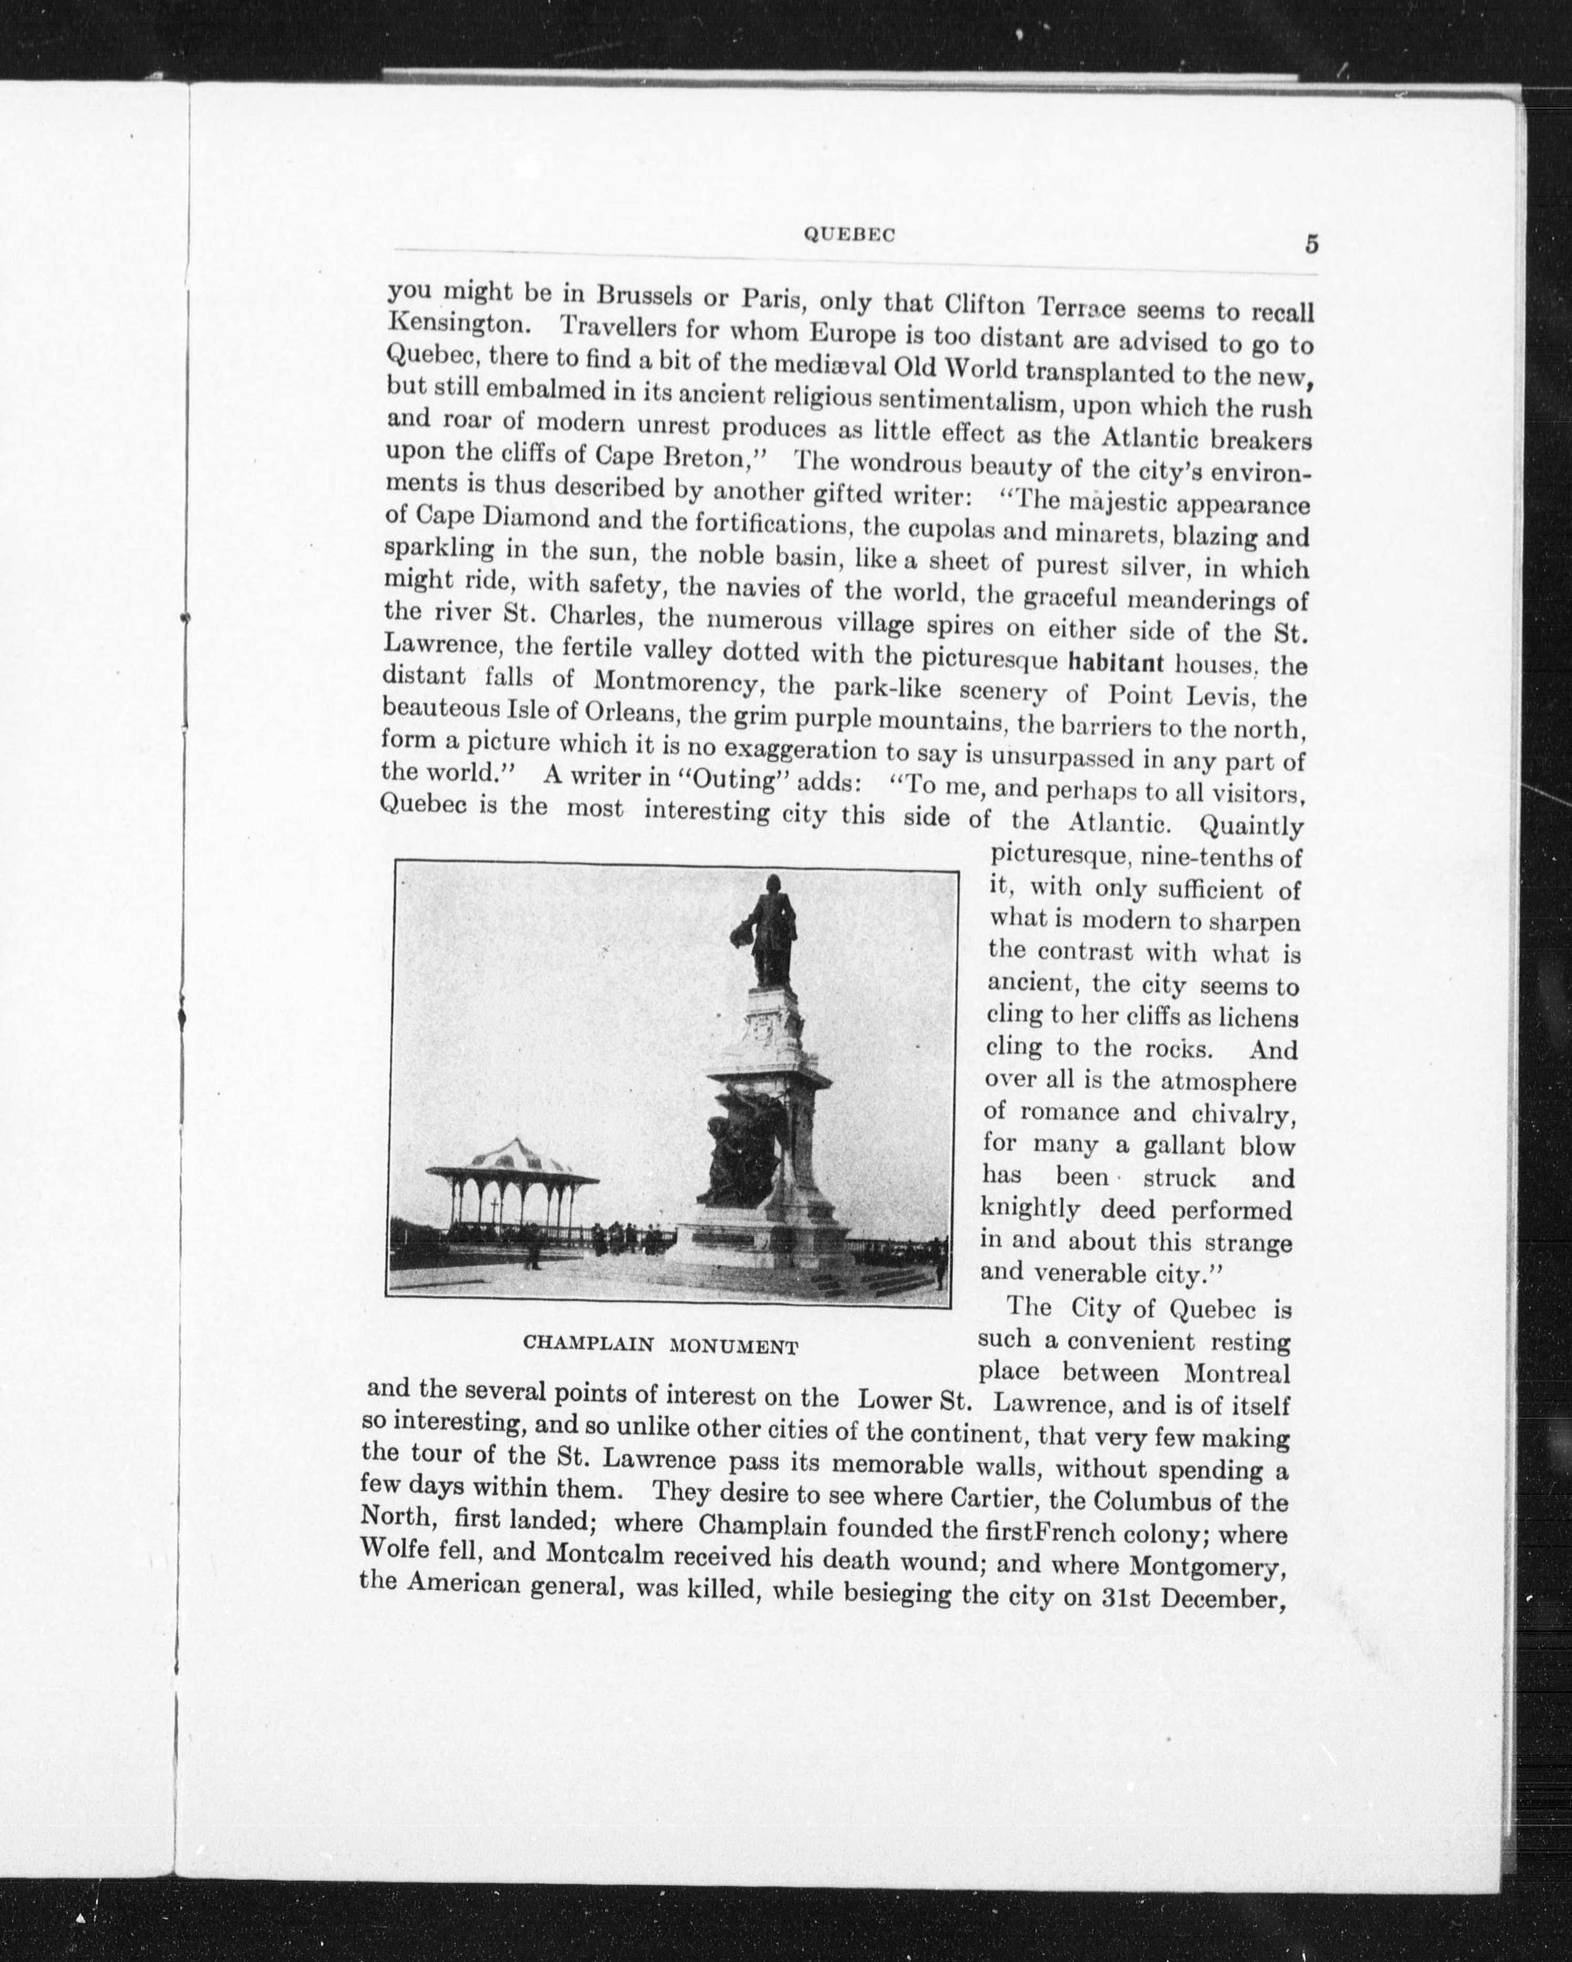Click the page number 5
[x=1312, y=245]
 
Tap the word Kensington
[x=452, y=324]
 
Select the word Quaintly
[x=1252, y=826]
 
